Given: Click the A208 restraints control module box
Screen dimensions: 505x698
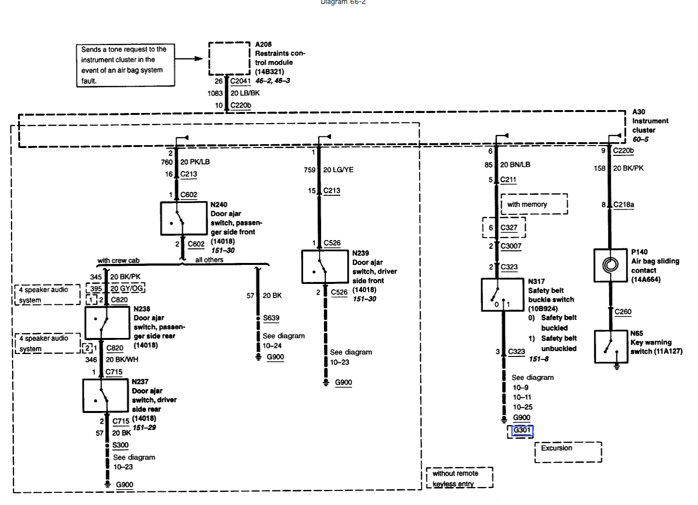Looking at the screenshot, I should [229, 58].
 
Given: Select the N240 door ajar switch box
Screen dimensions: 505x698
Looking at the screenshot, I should [183, 219].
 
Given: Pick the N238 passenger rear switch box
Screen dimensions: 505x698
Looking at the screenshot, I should [107, 323].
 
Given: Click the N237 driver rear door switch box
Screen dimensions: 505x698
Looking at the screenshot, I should [105, 395].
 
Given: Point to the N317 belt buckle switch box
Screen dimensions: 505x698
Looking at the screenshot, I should [502, 295].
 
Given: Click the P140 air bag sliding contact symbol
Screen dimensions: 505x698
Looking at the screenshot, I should [610, 265].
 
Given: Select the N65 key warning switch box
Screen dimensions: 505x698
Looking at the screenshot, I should [611, 346].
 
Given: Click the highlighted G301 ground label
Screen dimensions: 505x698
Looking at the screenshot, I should [521, 430].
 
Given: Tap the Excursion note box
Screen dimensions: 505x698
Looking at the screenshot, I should [568, 451].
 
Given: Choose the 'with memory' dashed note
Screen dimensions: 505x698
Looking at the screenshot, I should [534, 204].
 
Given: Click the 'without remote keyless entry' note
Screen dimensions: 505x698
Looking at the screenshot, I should [459, 478].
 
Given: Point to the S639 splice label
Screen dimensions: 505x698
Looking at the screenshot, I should [271, 318].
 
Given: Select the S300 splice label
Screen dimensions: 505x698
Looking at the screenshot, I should [120, 445].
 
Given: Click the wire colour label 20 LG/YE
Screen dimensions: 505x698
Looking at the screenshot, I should [338, 169].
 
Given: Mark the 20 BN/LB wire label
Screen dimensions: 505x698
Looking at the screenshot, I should [515, 165].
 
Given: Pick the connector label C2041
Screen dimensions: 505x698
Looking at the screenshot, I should [240, 81].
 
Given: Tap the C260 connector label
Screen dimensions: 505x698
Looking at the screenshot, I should [623, 312].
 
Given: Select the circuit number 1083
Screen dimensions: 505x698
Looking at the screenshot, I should [215, 93].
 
